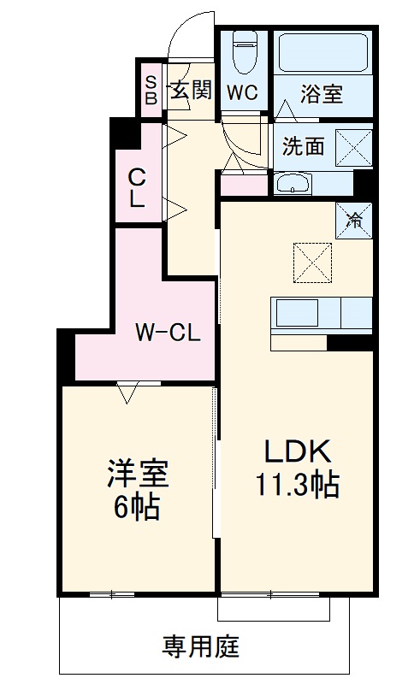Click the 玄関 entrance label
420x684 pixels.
(189, 90)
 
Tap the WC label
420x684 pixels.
(242, 93)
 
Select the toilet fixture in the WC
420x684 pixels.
(245, 51)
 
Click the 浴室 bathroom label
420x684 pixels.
(322, 93)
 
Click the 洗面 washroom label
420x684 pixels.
(304, 146)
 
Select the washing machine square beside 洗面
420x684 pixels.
(353, 146)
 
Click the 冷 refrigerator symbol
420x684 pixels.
(353, 219)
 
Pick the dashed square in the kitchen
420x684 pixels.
(311, 262)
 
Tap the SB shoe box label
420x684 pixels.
(151, 90)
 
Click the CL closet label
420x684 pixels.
(136, 188)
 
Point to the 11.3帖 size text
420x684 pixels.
(296, 486)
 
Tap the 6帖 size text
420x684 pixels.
(136, 508)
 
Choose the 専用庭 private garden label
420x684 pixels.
(203, 646)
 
